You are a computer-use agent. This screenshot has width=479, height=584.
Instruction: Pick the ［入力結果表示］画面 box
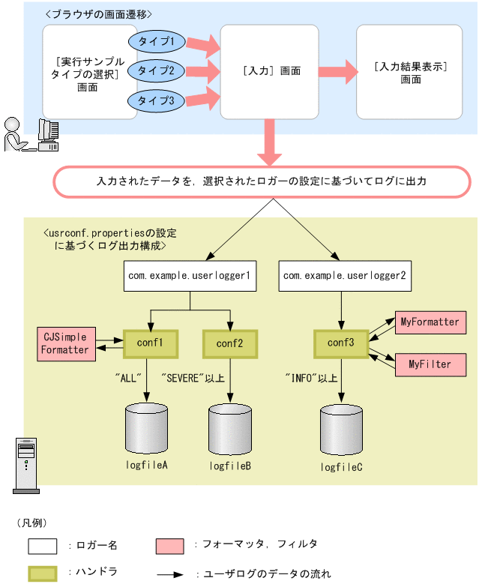pyautogui.click(x=409, y=71)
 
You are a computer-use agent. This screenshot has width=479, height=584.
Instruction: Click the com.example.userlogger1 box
pyautogui.click(x=189, y=277)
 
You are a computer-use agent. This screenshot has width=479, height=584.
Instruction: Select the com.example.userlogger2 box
pyautogui.click(x=343, y=277)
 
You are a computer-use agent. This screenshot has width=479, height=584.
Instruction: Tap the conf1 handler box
pyautogui.click(x=150, y=343)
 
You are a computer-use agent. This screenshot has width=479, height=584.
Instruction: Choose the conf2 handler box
pyautogui.click(x=230, y=343)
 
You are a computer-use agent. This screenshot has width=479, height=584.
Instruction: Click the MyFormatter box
pyautogui.click(x=430, y=322)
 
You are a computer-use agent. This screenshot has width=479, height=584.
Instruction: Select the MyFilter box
pyautogui.click(x=430, y=364)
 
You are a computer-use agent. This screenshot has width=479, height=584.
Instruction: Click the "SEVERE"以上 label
pyautogui.click(x=193, y=378)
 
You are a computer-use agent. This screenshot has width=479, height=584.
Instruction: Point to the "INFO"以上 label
pyautogui.click(x=310, y=378)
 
